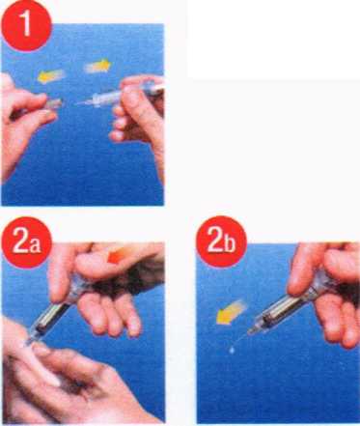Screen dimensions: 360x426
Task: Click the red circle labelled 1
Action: (26, 26)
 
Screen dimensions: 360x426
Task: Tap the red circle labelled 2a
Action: (26, 243)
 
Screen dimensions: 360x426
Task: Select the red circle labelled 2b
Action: (222, 242)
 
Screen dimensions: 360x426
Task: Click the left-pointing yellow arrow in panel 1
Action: (51, 76)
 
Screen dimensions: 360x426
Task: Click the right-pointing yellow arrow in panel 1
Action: (97, 66)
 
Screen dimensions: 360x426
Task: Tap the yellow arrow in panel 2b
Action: (231, 312)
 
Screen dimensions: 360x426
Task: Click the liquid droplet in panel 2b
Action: (232, 350)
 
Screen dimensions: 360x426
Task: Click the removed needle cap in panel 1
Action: (51, 104)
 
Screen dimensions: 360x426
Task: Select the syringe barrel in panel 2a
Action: (50, 319)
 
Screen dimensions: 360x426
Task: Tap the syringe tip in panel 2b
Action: (249, 331)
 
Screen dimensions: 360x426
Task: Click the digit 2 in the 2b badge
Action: (216, 241)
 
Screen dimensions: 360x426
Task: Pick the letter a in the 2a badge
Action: (36, 245)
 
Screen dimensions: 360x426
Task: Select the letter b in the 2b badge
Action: (230, 243)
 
